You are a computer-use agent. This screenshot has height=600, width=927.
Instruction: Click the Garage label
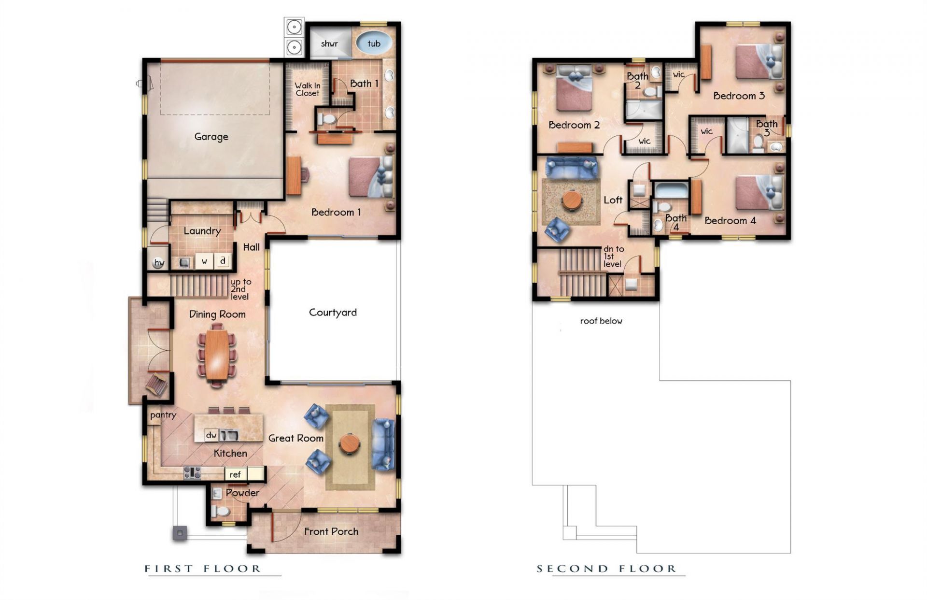(211, 137)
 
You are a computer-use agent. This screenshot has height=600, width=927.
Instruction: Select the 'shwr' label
(329, 43)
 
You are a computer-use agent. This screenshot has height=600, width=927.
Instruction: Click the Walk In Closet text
(308, 89)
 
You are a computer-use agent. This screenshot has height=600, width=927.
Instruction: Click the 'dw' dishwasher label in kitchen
(211, 435)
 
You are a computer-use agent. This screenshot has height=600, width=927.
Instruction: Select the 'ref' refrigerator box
(236, 474)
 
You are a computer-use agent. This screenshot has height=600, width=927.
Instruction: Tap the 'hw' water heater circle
(158, 263)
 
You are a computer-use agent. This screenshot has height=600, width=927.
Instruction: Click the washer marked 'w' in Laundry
(205, 261)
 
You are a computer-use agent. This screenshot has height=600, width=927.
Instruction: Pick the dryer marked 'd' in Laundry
(223, 261)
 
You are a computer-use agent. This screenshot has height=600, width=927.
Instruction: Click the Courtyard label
(333, 313)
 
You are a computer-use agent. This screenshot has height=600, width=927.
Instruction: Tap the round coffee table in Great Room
(349, 443)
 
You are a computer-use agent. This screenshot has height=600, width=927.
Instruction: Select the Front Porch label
(331, 531)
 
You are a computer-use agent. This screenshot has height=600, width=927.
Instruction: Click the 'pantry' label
(163, 415)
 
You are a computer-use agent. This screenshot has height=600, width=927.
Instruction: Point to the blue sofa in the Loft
(571, 167)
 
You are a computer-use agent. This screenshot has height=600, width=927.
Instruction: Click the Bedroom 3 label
(739, 96)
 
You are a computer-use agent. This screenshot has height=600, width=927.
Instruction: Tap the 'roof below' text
(601, 321)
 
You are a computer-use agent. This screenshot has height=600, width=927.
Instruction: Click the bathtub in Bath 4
(672, 190)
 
